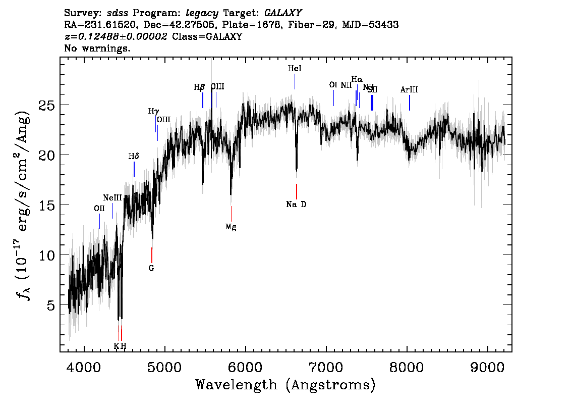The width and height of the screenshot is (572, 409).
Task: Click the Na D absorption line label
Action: pos(296,205)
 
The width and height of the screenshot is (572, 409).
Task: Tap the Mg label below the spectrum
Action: pos(231,227)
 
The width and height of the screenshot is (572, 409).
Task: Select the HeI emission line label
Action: pos(295,69)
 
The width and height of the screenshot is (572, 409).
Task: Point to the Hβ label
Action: pos(199,87)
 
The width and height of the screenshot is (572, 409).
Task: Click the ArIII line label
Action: pos(409,90)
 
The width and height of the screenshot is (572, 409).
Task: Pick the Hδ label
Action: pos(134,157)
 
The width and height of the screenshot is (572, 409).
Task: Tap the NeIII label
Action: pos(112,198)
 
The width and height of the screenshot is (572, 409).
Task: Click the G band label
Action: pos(151,268)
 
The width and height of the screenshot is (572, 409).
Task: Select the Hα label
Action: pos(357,79)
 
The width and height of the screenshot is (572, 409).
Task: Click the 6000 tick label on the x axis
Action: pos(245,366)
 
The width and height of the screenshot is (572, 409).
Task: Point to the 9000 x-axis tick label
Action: pos(488,366)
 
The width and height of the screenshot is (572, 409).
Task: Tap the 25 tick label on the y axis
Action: pos(47,105)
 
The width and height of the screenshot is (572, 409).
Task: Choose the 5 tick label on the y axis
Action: pos(51,305)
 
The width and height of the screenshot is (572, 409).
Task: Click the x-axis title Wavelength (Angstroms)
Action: pos(285,385)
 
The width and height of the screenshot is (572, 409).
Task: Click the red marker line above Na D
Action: pos(297,191)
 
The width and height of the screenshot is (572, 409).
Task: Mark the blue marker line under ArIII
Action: pos(409,103)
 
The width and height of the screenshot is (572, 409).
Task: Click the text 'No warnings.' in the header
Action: pos(97,48)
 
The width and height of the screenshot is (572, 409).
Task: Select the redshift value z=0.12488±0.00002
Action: pos(116,37)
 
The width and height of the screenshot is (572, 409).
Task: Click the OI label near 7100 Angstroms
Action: pos(333,85)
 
